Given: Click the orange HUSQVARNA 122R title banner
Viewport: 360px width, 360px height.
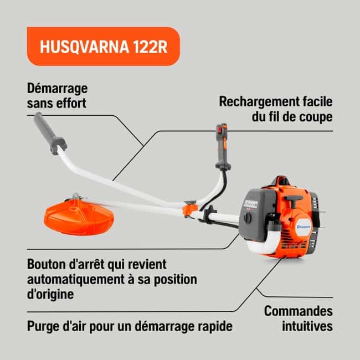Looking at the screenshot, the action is click(104, 47).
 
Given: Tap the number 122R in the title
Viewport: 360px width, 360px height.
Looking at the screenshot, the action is click(150, 47).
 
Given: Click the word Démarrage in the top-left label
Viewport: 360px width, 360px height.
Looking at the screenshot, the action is click(58, 89).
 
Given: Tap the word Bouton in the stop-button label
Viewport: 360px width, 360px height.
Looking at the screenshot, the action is click(47, 264).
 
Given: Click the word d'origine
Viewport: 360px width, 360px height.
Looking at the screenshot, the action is click(50, 295).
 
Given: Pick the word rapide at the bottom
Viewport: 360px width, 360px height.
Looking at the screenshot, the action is click(215, 326).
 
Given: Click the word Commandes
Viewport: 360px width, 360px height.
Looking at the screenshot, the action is click(298, 311).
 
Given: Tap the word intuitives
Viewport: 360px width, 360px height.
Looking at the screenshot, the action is click(307, 326).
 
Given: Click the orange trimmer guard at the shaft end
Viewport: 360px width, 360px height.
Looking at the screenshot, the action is click(79, 217).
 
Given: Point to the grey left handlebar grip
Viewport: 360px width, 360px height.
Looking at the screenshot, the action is click(50, 133).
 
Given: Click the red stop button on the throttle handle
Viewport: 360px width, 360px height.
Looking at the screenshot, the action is click(219, 130).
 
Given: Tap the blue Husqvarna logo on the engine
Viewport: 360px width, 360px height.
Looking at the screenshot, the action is click(304, 227).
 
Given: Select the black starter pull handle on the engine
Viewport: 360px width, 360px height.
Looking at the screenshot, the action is click(293, 199).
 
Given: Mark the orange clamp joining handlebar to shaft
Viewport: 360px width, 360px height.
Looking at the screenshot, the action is click(190, 210).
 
